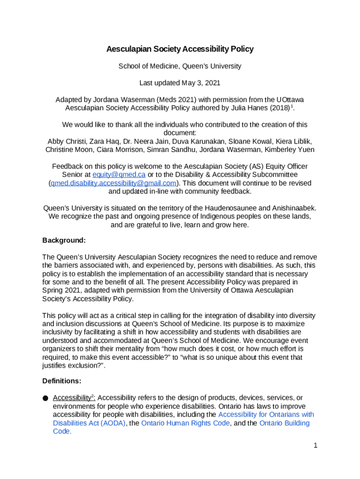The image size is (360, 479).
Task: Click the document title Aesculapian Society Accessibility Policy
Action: [x=180, y=49]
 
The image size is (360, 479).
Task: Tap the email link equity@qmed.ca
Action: [x=119, y=174]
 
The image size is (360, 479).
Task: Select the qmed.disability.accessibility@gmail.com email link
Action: [x=114, y=183]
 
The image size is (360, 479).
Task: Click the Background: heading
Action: [x=64, y=240]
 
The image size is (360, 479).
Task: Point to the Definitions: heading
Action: [x=62, y=381]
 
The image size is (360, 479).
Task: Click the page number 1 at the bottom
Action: [x=316, y=445]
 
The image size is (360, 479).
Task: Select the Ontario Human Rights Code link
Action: [x=185, y=423]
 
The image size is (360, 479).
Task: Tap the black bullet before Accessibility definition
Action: [x=45, y=399]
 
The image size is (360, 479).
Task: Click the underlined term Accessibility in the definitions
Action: [x=71, y=398]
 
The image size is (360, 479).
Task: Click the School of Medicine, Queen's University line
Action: [x=180, y=66]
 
